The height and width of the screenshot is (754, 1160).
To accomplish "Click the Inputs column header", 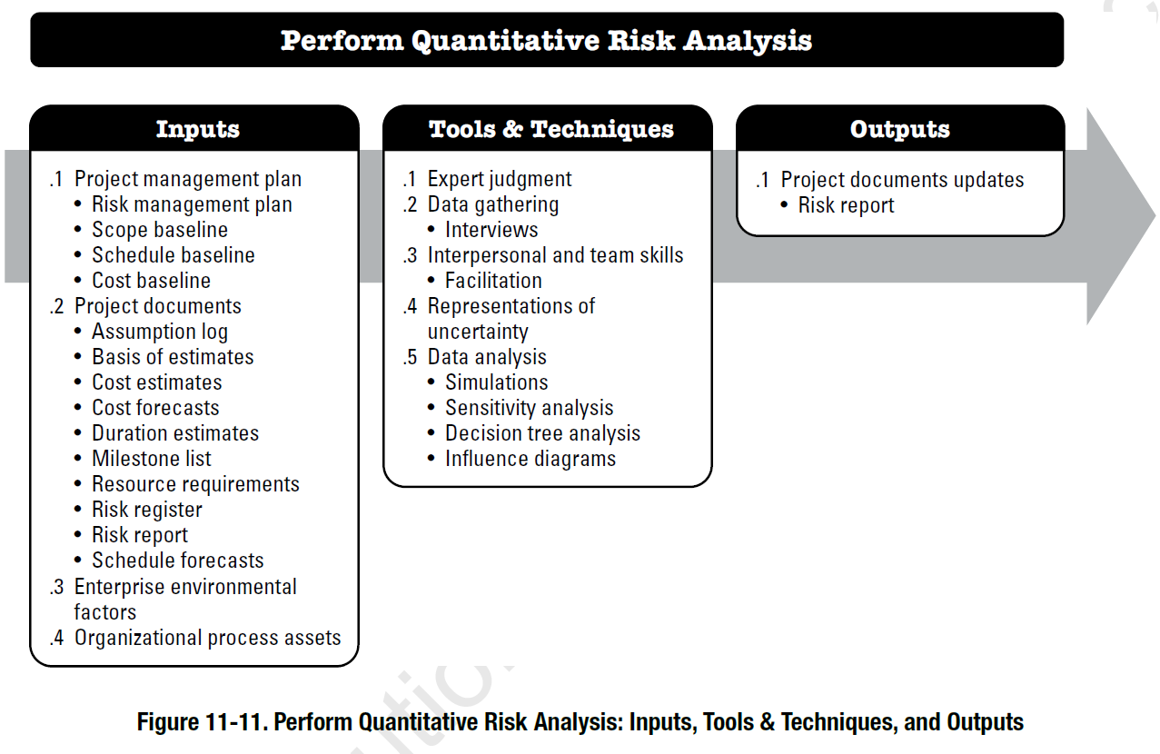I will (197, 129).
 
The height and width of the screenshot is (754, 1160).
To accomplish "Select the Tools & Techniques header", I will (550, 129).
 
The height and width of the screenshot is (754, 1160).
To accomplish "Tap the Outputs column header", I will (899, 129).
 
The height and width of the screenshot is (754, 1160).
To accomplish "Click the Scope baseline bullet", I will (160, 230).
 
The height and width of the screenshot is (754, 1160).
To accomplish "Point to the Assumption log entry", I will (160, 332).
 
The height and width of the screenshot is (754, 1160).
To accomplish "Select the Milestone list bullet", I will (152, 459).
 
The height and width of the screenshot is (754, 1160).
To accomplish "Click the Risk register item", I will (147, 510).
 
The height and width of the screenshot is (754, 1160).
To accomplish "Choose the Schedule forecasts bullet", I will (178, 561).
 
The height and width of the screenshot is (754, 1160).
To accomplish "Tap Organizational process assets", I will (207, 638).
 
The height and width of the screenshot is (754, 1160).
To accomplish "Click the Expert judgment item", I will (500, 179).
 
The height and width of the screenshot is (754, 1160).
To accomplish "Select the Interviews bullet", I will (491, 230).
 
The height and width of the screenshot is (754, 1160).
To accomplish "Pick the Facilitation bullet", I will (493, 281).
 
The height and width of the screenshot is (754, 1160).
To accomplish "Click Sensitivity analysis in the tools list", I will (529, 408).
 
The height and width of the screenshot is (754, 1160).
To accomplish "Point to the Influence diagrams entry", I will (530, 459).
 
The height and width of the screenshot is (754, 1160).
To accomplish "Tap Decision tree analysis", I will (542, 433).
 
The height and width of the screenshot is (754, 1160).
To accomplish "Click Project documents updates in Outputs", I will (902, 180).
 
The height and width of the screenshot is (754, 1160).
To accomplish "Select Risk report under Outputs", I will (846, 205).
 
